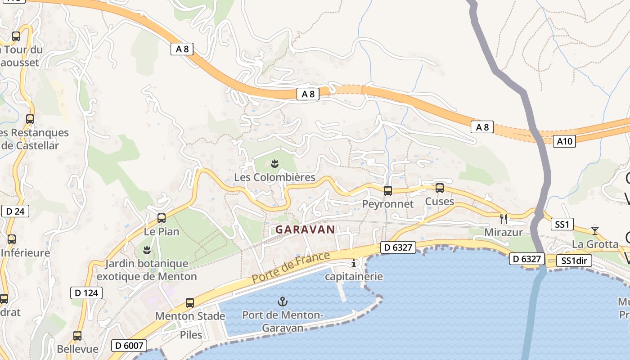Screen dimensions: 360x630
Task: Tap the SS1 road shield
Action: coord(562,224)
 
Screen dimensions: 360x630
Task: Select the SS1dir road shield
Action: coord(574,261)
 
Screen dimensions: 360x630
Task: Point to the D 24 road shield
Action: coord(15,211)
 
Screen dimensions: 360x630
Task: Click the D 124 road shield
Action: coord(86,293)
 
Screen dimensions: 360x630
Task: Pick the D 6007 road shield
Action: coord(129,346)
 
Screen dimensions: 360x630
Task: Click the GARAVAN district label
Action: coord(305,229)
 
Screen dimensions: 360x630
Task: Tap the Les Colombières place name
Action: coord(274,177)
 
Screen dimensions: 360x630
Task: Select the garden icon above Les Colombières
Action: coord(275,163)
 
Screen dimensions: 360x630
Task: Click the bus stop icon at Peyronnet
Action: coord(388,191)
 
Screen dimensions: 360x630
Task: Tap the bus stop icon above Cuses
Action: coord(440,188)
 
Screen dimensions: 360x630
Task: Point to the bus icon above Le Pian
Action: coord(162,218)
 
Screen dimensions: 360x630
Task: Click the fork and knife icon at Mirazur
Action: coord(504,219)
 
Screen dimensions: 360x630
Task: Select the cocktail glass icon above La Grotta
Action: coord(595,230)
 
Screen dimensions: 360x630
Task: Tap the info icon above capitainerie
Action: coord(354,263)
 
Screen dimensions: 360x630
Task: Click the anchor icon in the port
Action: coord(283,301)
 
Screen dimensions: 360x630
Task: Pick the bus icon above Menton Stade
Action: coord(190,303)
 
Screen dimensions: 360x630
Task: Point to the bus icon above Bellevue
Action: coord(77,335)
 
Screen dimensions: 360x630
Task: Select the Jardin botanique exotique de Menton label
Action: coord(147,270)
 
